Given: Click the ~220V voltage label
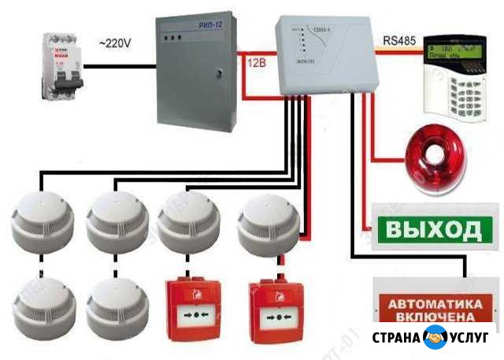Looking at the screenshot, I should coord(117,44).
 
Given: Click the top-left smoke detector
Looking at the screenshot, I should coord(43,220).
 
